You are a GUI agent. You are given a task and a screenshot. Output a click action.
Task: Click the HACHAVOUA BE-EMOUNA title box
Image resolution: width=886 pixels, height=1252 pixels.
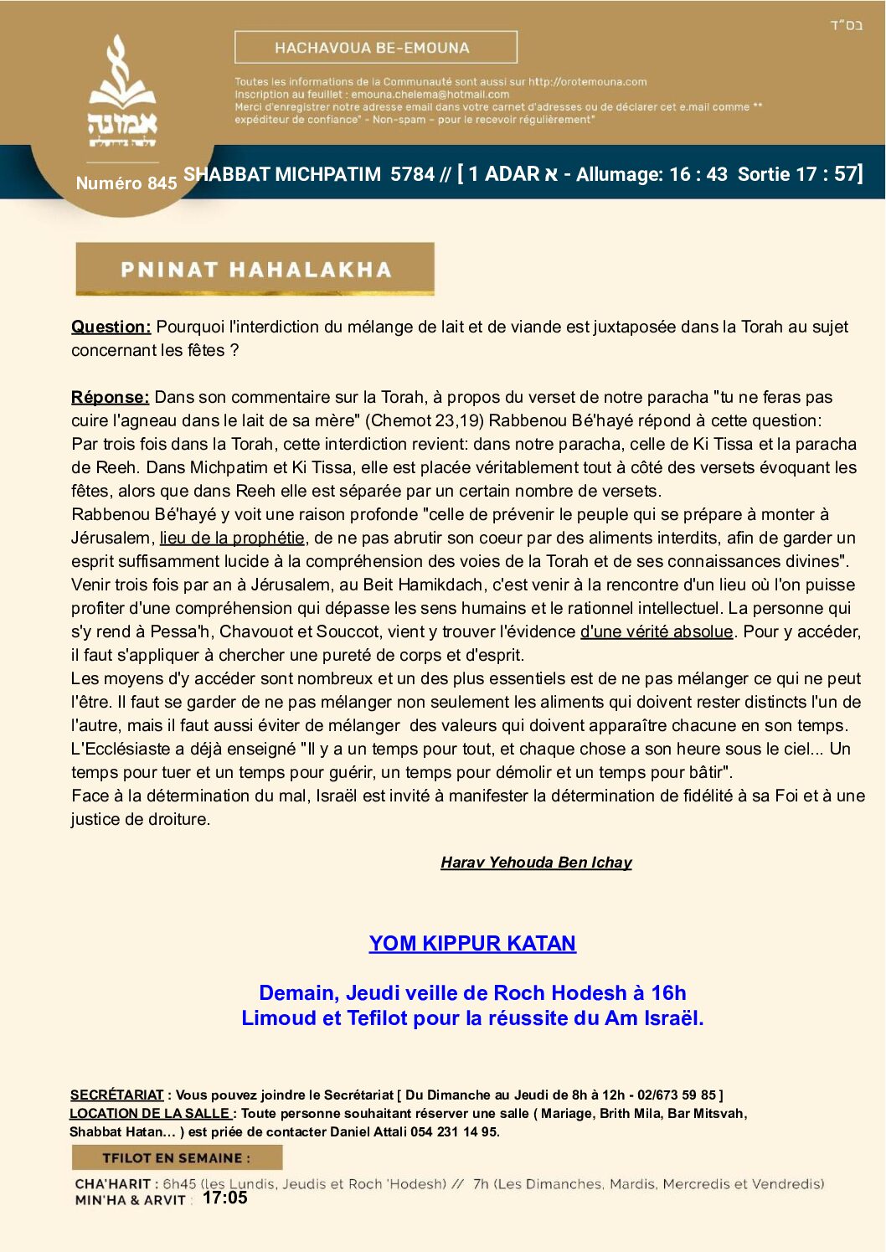click(x=375, y=48)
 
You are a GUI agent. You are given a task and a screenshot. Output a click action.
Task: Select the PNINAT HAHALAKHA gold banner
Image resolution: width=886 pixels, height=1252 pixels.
click(x=255, y=269)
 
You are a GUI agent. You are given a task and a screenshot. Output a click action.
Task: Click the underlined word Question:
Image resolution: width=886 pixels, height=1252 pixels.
click(x=111, y=327)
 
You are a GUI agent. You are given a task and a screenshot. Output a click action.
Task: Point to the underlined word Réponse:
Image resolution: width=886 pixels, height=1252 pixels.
click(x=110, y=397)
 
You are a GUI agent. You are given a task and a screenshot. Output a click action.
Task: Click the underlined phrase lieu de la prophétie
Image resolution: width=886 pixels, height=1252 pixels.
click(x=232, y=538)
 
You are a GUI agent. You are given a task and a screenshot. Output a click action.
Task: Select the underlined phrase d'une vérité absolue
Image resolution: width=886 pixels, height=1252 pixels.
click(x=657, y=631)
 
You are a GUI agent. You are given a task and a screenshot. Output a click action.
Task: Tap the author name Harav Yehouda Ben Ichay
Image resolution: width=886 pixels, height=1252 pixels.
click(x=536, y=863)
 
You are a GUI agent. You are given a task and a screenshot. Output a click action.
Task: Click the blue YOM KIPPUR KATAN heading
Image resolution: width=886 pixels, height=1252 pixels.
click(x=472, y=944)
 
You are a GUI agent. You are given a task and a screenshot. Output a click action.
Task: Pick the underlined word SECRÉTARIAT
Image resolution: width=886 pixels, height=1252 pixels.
click(x=116, y=1095)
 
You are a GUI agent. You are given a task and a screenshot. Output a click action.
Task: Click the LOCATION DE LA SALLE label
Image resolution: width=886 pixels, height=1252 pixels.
click(x=150, y=1113)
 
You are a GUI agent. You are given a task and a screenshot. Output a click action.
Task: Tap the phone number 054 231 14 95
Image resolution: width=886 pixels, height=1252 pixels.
click(x=456, y=1131)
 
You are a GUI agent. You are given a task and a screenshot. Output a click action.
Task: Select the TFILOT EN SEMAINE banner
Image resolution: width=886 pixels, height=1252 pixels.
click(x=177, y=1158)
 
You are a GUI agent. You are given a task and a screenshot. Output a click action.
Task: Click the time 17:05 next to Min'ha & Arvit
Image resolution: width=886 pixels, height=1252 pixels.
click(x=225, y=1198)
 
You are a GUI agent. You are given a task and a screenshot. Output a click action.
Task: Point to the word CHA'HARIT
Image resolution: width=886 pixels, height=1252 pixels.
click(x=112, y=1184)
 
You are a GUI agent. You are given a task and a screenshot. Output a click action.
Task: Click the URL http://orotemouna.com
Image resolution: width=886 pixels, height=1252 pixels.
click(x=587, y=82)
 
